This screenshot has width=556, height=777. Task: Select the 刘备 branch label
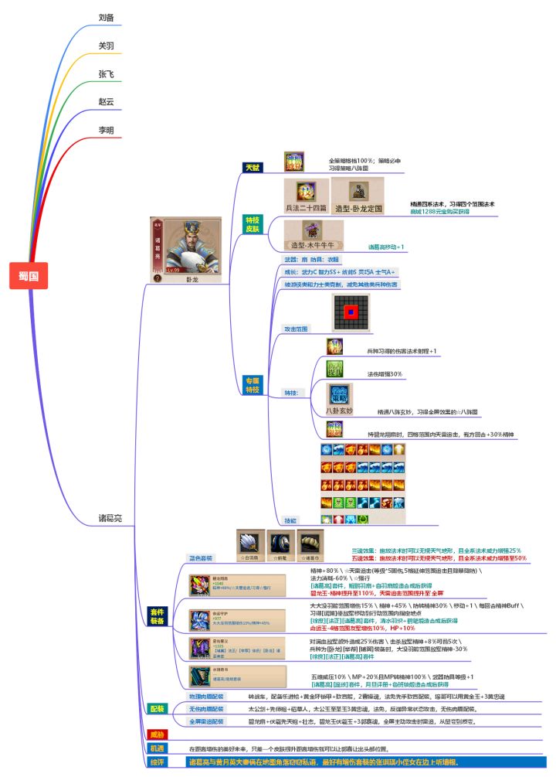point(107,18)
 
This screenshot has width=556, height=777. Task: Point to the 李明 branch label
point(107,130)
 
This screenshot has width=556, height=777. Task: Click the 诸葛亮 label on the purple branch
point(110,517)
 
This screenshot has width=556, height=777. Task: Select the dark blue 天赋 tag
point(253,168)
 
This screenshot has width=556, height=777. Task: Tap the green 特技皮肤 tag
point(253,224)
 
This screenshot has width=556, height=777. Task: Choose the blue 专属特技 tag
point(253,385)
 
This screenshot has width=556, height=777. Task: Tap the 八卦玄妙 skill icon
point(338,396)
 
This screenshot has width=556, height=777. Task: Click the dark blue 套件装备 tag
point(157,616)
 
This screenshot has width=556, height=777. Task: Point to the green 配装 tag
point(157,708)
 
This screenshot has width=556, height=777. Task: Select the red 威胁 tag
point(157,734)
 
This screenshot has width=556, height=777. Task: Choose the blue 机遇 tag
point(157,748)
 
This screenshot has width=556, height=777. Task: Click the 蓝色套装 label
point(202,557)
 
